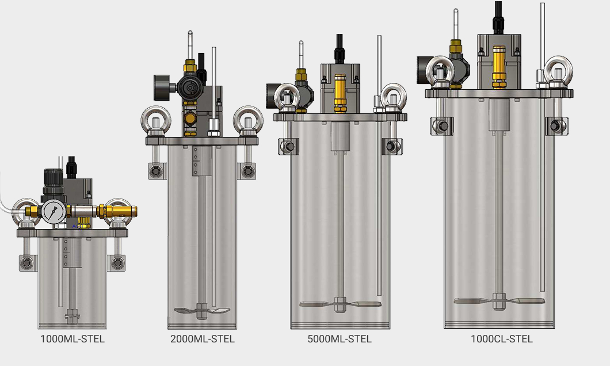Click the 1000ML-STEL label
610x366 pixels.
coord(73,339)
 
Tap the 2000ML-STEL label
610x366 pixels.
coord(203,339)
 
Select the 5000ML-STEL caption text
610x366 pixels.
coord(339,339)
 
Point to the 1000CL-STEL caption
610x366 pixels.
coord(501,339)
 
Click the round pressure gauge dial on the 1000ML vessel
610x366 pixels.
coord(54,212)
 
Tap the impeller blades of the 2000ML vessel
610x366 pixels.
coord(202,310)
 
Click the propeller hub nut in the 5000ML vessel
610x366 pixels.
coord(340,304)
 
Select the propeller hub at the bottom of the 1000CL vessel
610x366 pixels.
coord(498,301)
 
